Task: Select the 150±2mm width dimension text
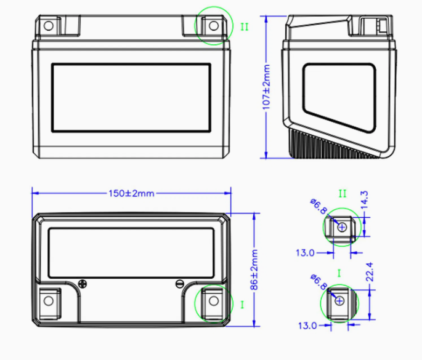tap(131, 193)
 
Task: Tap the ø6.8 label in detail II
tap(319, 208)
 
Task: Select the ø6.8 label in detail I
tap(319, 281)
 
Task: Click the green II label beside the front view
tap(245, 27)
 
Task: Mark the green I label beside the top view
tap(241, 304)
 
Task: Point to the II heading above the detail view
tap(343, 193)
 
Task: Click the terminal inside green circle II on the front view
tap(213, 26)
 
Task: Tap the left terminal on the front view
tap(49, 26)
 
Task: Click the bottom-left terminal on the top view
tap(49, 302)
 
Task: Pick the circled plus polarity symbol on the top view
tap(83, 284)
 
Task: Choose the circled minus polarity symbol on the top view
tap(179, 284)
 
